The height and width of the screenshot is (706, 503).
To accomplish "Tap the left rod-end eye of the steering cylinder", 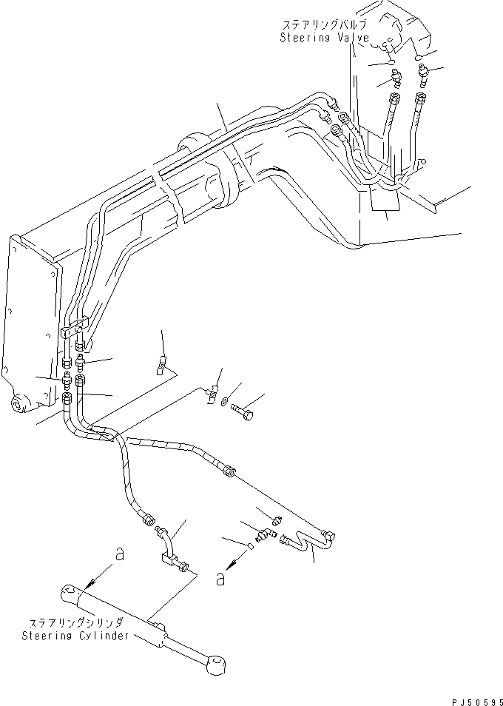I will coord(71,593).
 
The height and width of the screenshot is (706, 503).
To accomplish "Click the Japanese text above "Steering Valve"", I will coord(320,25).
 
